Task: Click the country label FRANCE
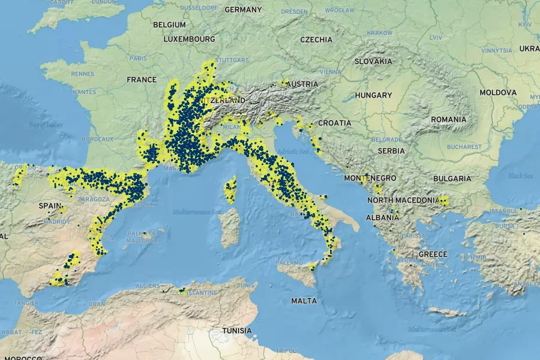tap(142, 80)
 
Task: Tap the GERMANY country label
tap(243, 10)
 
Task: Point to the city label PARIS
tap(138, 59)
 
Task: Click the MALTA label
tap(304, 301)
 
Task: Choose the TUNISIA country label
tap(237, 331)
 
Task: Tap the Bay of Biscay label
tap(46, 125)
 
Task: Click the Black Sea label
tap(520, 176)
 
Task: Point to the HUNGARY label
tap(373, 95)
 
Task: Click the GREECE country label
tap(433, 254)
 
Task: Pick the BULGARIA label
tap(452, 179)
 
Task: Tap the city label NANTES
tap(83, 92)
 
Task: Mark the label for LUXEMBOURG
tap(189, 39)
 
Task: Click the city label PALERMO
tap(289, 263)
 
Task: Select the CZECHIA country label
tap(316, 40)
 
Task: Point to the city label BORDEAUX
tap(98, 139)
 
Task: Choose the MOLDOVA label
tap(498, 93)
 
